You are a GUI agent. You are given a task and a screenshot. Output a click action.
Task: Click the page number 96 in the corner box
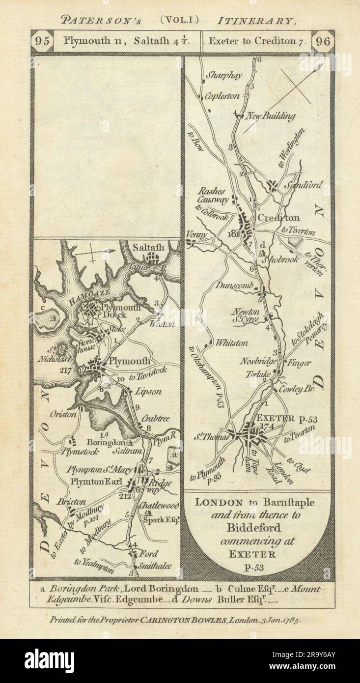[x=323, y=41]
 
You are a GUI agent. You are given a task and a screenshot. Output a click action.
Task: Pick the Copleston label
[x=222, y=96]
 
